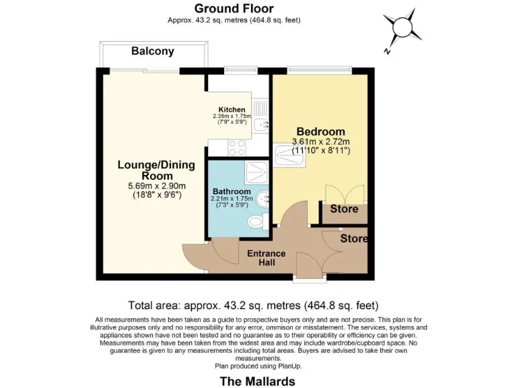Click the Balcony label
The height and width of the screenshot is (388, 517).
click(153, 51)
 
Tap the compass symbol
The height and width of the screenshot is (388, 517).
click(401, 28)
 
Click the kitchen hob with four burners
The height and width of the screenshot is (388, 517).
click(238, 146)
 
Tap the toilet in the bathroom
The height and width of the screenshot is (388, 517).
click(255, 222)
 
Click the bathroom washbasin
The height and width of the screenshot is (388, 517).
click(266, 199)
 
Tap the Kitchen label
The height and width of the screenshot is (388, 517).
click(232, 109)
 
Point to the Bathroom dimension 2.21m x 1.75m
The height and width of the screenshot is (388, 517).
click(231, 199)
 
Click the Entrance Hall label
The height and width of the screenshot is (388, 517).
click(267, 258)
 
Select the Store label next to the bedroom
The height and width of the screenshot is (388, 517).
click(343, 209)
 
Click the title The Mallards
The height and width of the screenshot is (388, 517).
click(258, 381)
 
